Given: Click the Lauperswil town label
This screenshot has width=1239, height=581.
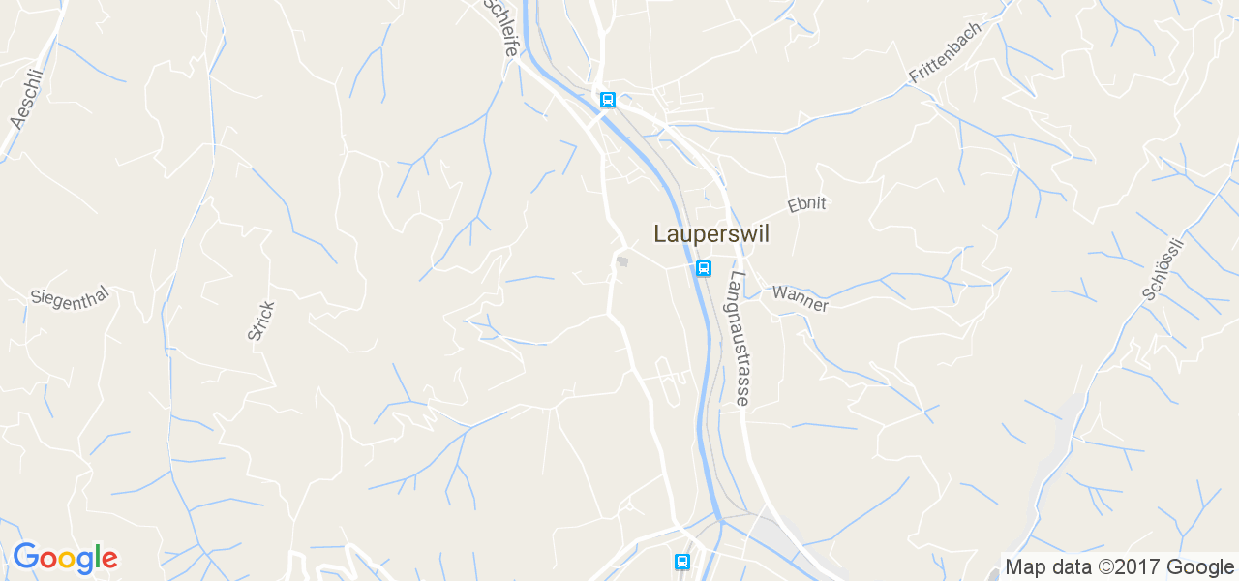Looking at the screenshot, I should click(x=711, y=234).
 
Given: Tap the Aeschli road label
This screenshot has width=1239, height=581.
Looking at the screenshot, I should click(x=27, y=99).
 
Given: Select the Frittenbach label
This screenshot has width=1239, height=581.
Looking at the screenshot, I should click(x=944, y=52).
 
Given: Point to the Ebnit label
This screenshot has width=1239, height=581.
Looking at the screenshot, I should click(x=806, y=204).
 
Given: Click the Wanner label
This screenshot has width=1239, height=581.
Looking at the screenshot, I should click(x=800, y=298).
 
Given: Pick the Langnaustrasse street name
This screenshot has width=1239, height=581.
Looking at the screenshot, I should click(x=740, y=337).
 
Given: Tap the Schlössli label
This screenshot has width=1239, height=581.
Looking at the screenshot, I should click(x=1163, y=268).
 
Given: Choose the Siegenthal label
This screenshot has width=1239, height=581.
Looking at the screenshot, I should click(x=69, y=298).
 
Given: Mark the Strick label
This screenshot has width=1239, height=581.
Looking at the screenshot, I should click(x=261, y=321).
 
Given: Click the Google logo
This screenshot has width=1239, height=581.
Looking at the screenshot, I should click(x=65, y=559).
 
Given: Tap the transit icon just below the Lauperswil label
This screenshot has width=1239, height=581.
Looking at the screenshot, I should click(x=704, y=268).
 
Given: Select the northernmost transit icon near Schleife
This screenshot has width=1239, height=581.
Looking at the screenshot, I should click(x=607, y=100).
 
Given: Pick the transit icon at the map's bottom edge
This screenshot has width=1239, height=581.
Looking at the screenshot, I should click(x=682, y=562).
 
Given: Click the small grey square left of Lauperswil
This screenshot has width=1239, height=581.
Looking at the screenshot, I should click(x=623, y=260).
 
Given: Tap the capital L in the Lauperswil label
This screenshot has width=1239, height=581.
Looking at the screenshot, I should click(x=661, y=233).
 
